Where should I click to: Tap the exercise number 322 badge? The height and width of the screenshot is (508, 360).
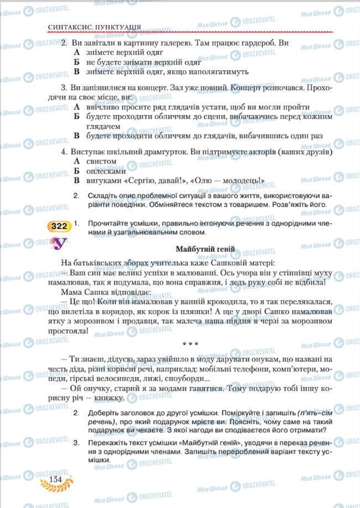tap(58, 226)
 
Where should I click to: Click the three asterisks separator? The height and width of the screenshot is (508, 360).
tap(191, 342)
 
